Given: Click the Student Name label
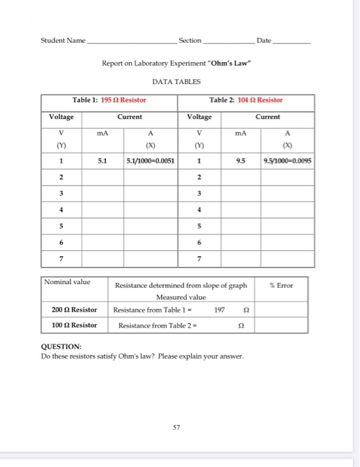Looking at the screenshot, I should (x=63, y=41).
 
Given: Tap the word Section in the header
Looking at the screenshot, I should (x=190, y=41).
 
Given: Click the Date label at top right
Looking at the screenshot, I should (x=264, y=41).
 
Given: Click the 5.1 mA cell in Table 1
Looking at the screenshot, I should (x=101, y=161).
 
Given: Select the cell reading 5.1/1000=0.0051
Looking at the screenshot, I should (x=151, y=161).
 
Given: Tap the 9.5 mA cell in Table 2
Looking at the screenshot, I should (x=240, y=161).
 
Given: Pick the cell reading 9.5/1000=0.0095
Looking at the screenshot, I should (x=289, y=161).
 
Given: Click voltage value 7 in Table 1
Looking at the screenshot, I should (x=61, y=258).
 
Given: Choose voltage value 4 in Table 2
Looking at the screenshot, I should (x=198, y=209).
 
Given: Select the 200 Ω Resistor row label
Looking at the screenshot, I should (x=74, y=310).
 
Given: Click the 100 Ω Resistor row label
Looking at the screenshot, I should (x=74, y=326).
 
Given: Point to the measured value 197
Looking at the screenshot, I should (x=221, y=310).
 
